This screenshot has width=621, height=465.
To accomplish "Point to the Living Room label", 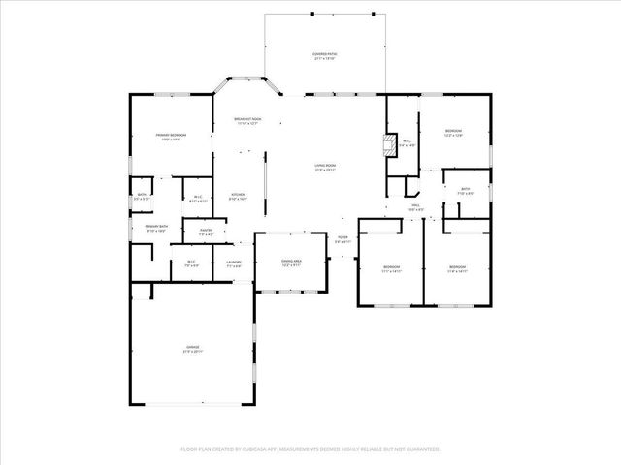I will pyautogui.click(x=324, y=168).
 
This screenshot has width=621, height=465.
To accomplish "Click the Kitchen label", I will pyautogui.click(x=238, y=197).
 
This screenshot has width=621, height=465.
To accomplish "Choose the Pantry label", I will pyautogui.click(x=206, y=232).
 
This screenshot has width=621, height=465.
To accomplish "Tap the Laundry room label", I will pyautogui.click(x=234, y=263).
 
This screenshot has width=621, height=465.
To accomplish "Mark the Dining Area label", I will pyautogui.click(x=291, y=263).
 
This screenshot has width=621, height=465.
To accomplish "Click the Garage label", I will pyautogui.click(x=193, y=348).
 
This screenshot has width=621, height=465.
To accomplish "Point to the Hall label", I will pyautogui.click(x=414, y=207).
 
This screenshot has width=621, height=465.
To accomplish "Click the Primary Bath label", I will pyautogui.click(x=156, y=228).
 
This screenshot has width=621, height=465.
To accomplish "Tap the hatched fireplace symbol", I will pyautogui.click(x=390, y=145).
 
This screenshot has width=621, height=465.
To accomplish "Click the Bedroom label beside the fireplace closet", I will pyautogui.click(x=453, y=133).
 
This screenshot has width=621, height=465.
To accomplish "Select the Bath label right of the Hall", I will pyautogui.click(x=465, y=191).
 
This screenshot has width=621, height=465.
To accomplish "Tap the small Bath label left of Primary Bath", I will pyautogui.click(x=142, y=197).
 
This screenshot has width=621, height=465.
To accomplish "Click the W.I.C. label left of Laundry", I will pyautogui.click(x=191, y=263).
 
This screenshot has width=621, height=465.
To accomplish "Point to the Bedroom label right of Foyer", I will pyautogui.click(x=390, y=269).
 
